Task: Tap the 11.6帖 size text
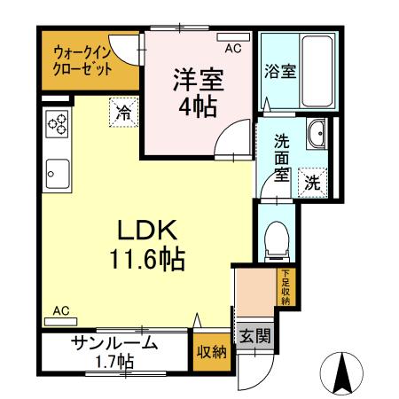147,260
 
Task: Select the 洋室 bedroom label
198,77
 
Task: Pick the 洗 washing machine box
312,183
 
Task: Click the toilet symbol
277,238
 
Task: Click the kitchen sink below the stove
58,168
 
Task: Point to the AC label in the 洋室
232,49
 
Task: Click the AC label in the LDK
61,311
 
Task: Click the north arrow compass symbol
345,373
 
